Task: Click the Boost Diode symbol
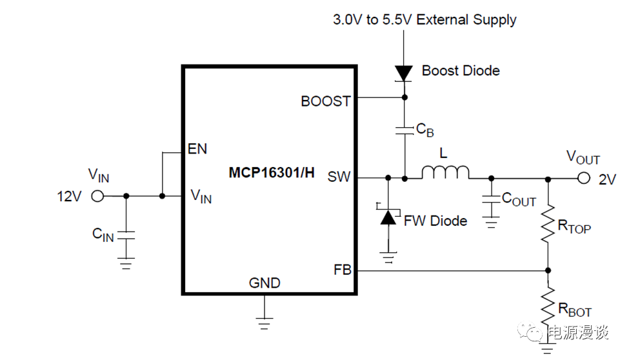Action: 404,73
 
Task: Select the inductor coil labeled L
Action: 445,172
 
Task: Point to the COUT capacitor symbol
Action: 491,201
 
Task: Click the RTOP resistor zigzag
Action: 548,223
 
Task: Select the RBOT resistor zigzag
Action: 548,308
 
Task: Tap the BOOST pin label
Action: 326,101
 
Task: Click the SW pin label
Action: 339,176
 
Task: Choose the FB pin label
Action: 343,270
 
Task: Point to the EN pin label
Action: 197,149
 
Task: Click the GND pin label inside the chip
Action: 265,283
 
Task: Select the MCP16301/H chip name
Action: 272,173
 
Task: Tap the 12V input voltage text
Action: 69,196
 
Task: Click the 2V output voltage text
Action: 608,180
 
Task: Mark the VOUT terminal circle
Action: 583,179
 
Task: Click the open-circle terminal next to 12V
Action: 97,196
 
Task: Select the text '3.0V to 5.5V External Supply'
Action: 424,19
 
